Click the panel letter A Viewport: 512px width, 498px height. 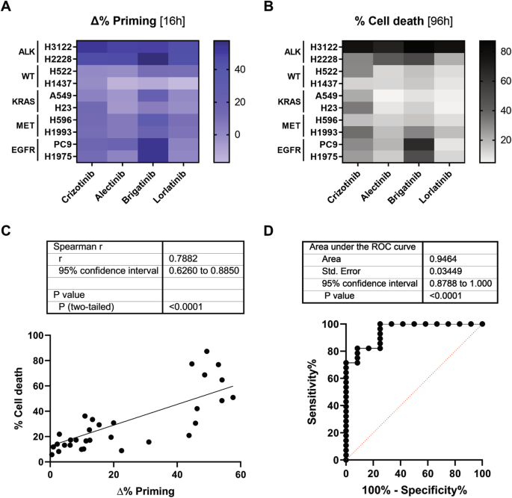click(7, 9)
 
